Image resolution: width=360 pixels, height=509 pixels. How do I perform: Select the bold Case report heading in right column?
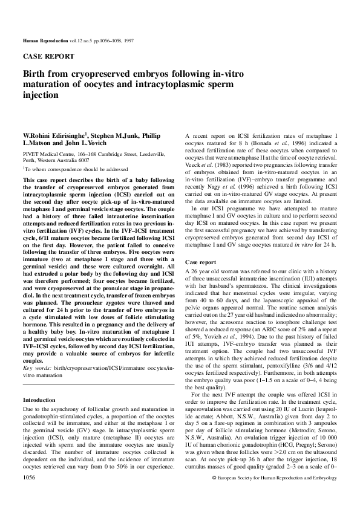(x=200, y=263)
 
